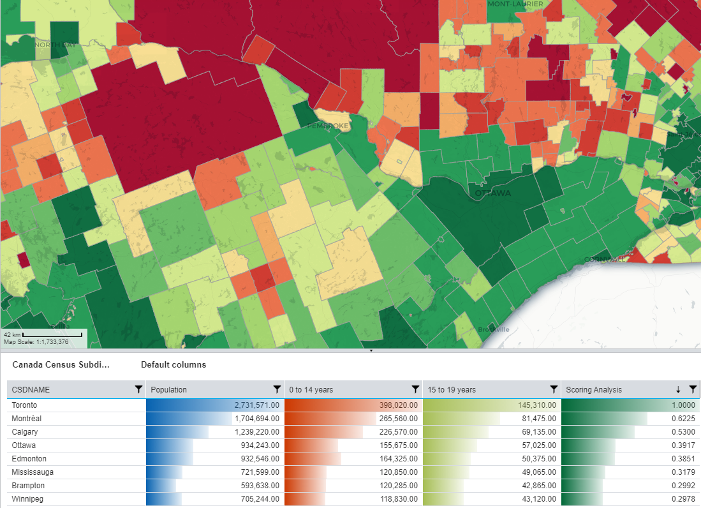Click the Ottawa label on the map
coord(492,193)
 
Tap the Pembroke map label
coord(328,126)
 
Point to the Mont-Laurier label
coord(515,4)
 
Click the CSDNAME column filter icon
coord(138,389)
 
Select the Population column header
coord(169,389)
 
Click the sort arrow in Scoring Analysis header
coord(678,389)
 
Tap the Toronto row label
coord(24,405)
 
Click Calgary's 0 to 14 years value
coord(394,432)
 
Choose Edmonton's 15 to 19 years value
coord(534,459)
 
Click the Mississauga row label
coord(33,472)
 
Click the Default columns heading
coord(173,365)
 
